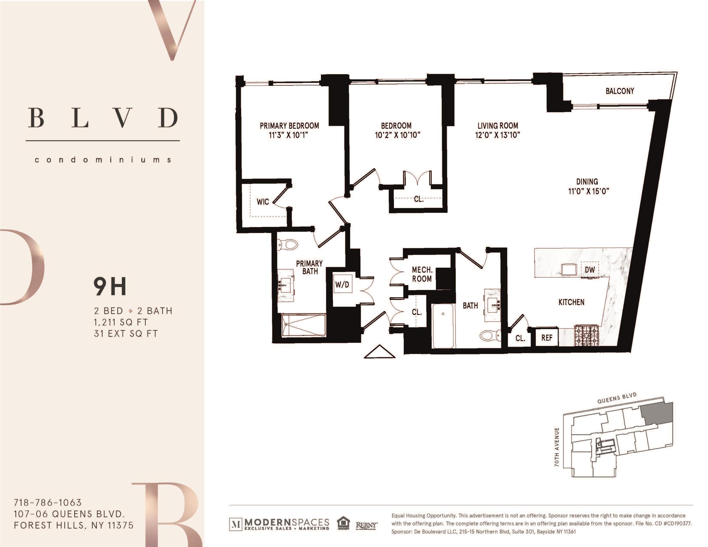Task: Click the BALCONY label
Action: pyautogui.click(x=620, y=91)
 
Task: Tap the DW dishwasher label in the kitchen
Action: pyautogui.click(x=589, y=270)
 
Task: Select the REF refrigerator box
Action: pyautogui.click(x=547, y=338)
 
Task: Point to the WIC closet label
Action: pyautogui.click(x=263, y=202)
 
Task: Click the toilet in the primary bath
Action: pyautogui.click(x=287, y=244)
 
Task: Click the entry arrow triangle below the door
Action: pyautogui.click(x=379, y=352)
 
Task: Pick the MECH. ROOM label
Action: pyautogui.click(x=422, y=274)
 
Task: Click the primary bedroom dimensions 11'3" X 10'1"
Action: pyautogui.click(x=288, y=135)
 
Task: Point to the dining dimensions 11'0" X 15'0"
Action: pyautogui.click(x=588, y=191)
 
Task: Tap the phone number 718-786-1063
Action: pyautogui.click(x=48, y=503)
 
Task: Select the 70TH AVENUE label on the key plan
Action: pyautogui.click(x=557, y=447)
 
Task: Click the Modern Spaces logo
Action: pyautogui.click(x=279, y=524)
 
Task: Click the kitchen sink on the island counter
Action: pyautogui.click(x=569, y=269)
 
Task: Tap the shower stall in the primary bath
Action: pyautogui.click(x=304, y=325)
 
